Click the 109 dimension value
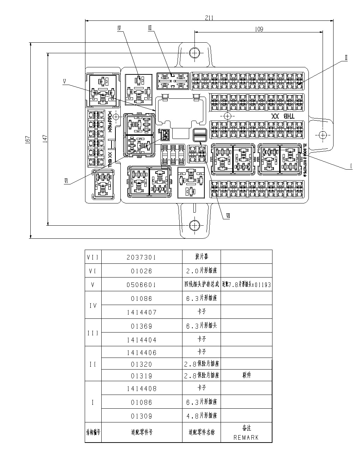[x=259, y=29]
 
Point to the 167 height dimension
[x=28, y=140]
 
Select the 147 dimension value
[x=45, y=139]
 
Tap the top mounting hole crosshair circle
[x=194, y=53]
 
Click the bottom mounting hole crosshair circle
[x=194, y=225]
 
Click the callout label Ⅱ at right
[x=346, y=57]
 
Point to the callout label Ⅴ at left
[x=65, y=81]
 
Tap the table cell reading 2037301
[x=141, y=257]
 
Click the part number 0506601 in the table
[x=141, y=285]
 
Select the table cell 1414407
[x=141, y=312]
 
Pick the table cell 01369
[x=141, y=326]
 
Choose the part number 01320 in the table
[x=141, y=365]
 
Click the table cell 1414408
[x=141, y=389]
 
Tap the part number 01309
[x=141, y=416]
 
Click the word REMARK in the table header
[x=246, y=438]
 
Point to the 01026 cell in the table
[x=141, y=271]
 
